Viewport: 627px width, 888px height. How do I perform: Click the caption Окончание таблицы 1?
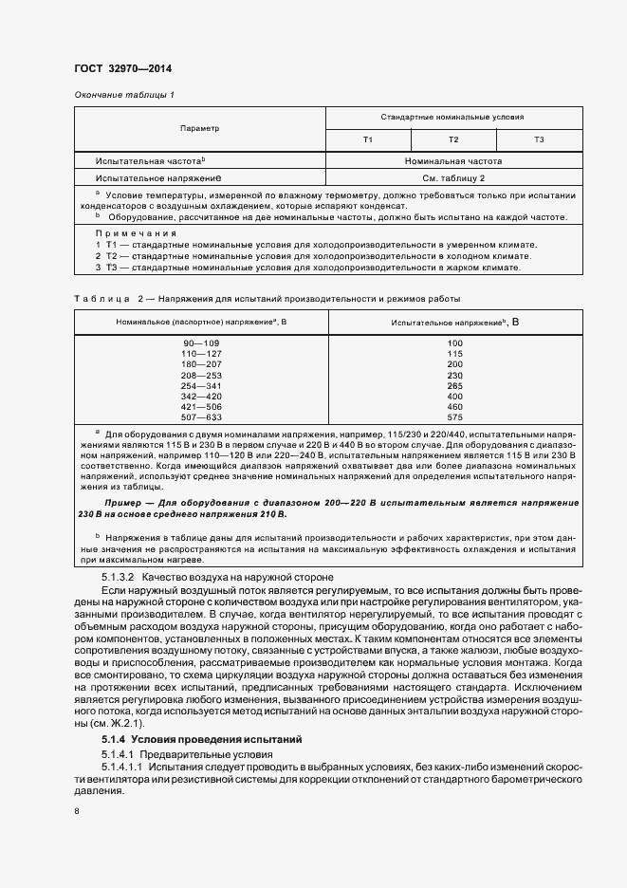coord(124,95)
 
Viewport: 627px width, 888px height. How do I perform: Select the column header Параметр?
coord(199,128)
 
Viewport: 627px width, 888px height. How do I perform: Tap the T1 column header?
coord(368,140)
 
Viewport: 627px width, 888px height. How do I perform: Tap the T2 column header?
coord(453,140)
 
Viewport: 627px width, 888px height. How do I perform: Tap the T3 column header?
coord(539,140)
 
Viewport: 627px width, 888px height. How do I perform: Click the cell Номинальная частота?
coord(453,161)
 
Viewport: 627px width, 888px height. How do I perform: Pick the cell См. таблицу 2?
coord(453,177)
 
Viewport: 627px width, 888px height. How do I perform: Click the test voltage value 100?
coord(454,342)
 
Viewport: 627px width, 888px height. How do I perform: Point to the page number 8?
coord(77,811)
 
